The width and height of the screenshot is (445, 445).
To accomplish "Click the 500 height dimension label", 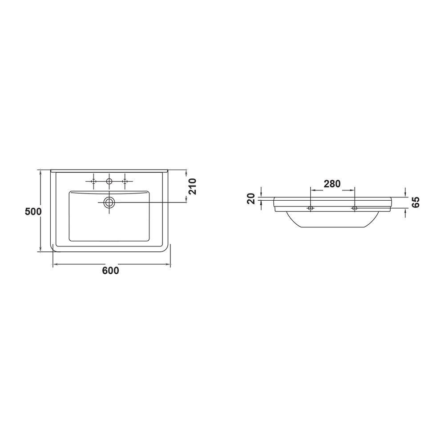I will pyautogui.click(x=33, y=211).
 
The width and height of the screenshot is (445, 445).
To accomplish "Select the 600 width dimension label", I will pyautogui.click(x=110, y=271).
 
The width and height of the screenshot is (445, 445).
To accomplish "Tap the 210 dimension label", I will pyautogui.click(x=192, y=186).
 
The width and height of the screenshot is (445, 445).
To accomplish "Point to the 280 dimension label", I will pyautogui.click(x=332, y=183).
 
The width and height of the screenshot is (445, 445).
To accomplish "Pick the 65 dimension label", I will pyautogui.click(x=416, y=202).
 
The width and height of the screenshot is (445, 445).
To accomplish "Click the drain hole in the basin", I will pyautogui.click(x=109, y=203).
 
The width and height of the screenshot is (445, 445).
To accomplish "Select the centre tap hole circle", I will pyautogui.click(x=109, y=181).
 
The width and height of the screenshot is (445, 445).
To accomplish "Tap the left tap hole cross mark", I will pyautogui.click(x=93, y=181).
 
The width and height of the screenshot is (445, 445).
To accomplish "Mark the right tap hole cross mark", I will pyautogui.click(x=125, y=181).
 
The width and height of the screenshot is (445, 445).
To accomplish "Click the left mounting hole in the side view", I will pyautogui.click(x=311, y=208).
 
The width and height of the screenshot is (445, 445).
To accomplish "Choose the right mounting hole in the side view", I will pyautogui.click(x=354, y=208).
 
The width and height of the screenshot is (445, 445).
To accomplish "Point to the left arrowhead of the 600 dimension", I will pyautogui.click(x=55, y=265).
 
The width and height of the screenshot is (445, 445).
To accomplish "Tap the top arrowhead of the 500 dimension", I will pyautogui.click(x=41, y=172).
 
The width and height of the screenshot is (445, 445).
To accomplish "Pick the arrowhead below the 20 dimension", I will pyautogui.click(x=261, y=202).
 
